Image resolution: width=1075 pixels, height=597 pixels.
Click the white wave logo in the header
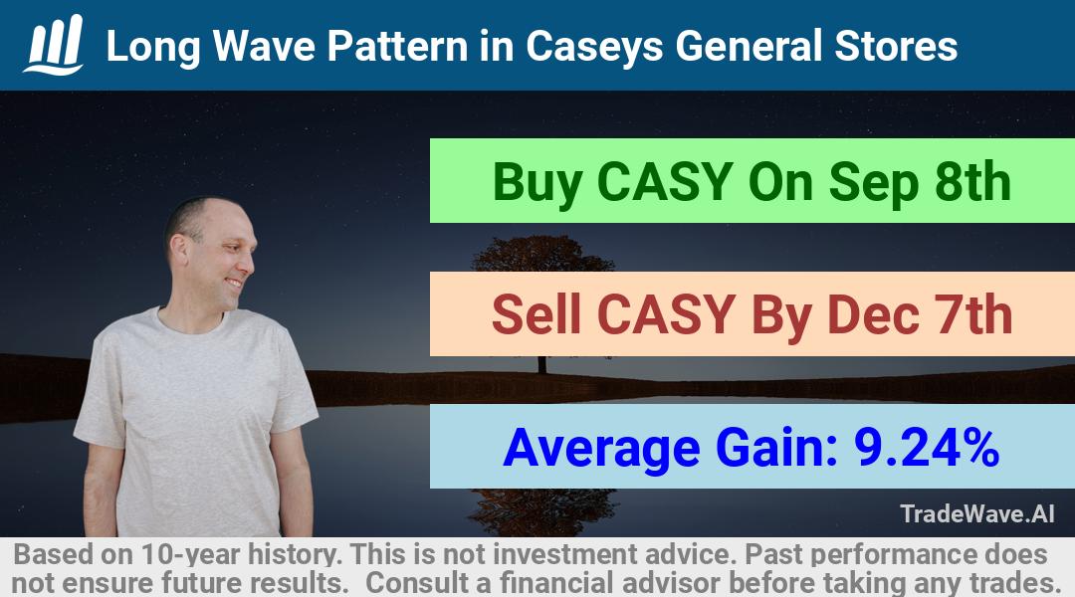54,44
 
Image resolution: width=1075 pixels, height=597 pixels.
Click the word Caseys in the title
594,47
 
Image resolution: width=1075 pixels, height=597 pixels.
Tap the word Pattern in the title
397,46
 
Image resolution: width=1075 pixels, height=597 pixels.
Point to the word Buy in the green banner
537,183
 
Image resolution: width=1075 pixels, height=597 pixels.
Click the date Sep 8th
920,182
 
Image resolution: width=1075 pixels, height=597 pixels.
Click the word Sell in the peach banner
537,314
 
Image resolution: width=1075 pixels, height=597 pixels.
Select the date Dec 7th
920,314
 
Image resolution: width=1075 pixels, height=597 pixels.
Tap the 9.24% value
927,447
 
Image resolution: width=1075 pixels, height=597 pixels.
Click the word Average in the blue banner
601,449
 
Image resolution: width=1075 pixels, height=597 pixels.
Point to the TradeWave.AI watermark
977,513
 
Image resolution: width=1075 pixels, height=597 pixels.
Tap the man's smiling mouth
235,282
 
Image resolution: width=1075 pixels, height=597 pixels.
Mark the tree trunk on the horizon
542,364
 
